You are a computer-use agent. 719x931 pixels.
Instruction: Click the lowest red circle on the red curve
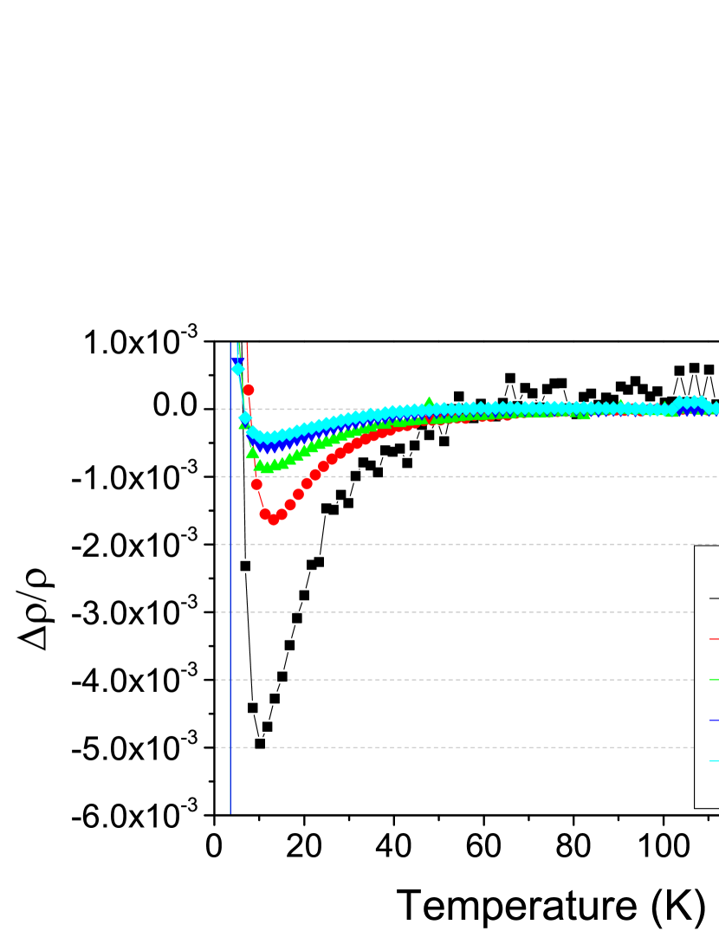coord(274,520)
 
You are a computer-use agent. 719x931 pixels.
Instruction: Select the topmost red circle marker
coord(249,390)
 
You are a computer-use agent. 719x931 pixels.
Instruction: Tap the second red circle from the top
coord(256,484)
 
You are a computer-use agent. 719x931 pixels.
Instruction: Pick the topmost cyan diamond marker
coord(238,369)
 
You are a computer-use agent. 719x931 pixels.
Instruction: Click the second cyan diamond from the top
coord(245,417)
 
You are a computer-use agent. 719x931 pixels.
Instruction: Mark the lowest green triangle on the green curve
coord(268,467)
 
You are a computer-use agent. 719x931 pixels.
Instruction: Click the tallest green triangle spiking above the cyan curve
coord(429,401)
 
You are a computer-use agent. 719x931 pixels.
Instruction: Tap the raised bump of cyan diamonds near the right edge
coord(690,403)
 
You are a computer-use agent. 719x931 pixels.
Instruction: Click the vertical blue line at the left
coord(230,606)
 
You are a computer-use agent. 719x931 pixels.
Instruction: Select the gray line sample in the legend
coord(714,598)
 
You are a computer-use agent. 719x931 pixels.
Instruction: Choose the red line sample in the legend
coord(714,639)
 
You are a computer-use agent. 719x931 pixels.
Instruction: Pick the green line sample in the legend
coord(714,680)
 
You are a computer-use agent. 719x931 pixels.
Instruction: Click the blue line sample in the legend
coord(714,720)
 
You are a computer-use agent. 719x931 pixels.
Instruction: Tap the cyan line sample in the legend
coord(714,760)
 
